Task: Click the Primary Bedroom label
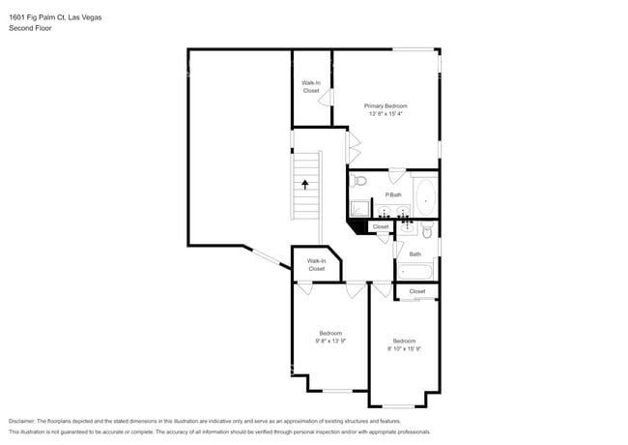tap(385, 105)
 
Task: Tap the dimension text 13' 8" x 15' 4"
tap(385, 114)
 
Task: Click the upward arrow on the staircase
tap(306, 183)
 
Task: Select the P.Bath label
tap(393, 195)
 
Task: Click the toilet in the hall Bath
tap(426, 230)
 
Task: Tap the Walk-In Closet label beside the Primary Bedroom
tap(311, 86)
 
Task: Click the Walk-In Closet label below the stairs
tap(317, 264)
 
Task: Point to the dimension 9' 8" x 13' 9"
tap(330, 341)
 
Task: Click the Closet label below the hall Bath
tap(416, 291)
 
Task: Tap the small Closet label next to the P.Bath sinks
tap(381, 227)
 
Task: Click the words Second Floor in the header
tap(31, 29)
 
